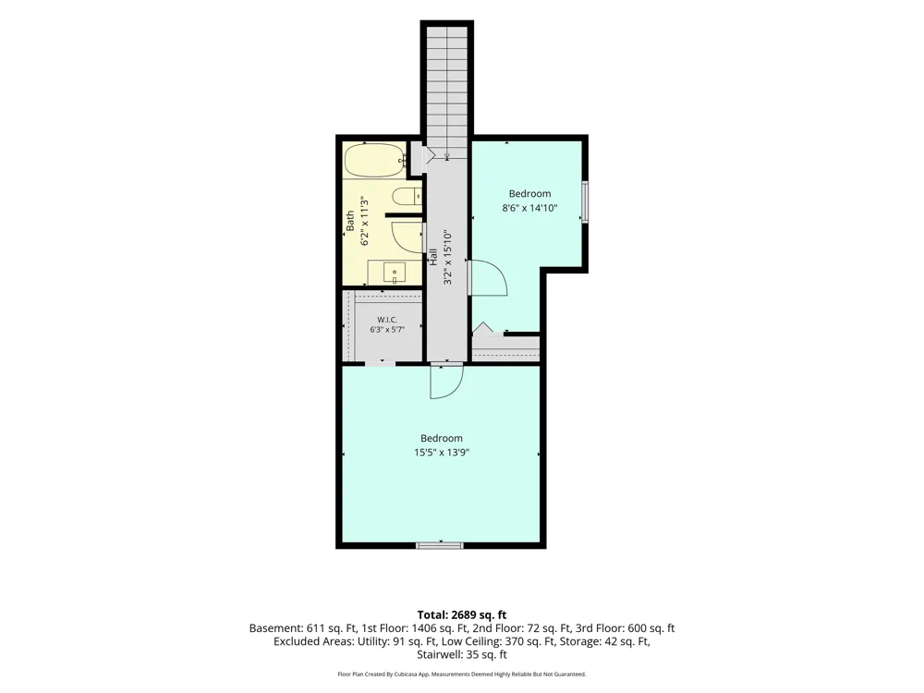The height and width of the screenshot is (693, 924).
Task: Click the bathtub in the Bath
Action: pyautogui.click(x=374, y=160)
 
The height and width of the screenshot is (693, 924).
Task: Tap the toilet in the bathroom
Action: pyautogui.click(x=407, y=196)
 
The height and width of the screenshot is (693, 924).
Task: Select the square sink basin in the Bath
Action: pyautogui.click(x=395, y=274)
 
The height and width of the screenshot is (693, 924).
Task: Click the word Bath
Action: pyautogui.click(x=350, y=221)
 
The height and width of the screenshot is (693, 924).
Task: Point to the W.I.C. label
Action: pyautogui.click(x=387, y=320)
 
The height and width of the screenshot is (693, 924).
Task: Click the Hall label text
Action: pyautogui.click(x=433, y=256)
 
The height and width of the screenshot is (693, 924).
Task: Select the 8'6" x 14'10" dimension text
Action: pyautogui.click(x=529, y=208)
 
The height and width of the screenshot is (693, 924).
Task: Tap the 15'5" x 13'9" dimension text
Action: pyautogui.click(x=442, y=453)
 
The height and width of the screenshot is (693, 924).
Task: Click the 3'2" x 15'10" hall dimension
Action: pyautogui.click(x=448, y=257)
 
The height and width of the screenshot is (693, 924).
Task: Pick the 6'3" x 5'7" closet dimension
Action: pyautogui.click(x=387, y=330)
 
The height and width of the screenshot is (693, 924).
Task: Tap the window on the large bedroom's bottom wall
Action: pyautogui.click(x=440, y=545)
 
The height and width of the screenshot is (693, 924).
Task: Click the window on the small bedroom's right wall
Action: pyautogui.click(x=585, y=202)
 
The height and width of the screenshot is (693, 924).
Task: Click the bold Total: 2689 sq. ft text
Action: pyautogui.click(x=462, y=615)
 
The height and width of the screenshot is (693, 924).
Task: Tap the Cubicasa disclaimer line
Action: pyautogui.click(x=462, y=675)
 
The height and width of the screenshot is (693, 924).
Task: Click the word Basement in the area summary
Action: pyautogui.click(x=274, y=628)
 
